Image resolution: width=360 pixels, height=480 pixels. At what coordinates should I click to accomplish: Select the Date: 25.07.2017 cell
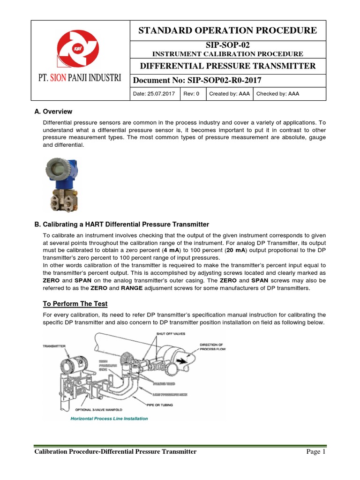(x=154, y=94)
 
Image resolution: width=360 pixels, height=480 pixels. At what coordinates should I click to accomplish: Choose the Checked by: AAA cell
(x=277, y=94)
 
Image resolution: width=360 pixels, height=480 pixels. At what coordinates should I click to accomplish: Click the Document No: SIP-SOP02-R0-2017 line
(x=197, y=80)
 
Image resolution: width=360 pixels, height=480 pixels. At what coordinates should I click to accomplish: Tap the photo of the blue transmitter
(x=62, y=183)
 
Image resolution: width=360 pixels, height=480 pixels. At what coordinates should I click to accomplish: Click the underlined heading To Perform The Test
(x=75, y=304)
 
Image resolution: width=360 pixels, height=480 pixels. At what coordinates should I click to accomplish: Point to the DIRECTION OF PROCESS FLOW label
(x=212, y=346)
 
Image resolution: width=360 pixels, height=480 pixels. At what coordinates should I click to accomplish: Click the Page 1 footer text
(x=315, y=452)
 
